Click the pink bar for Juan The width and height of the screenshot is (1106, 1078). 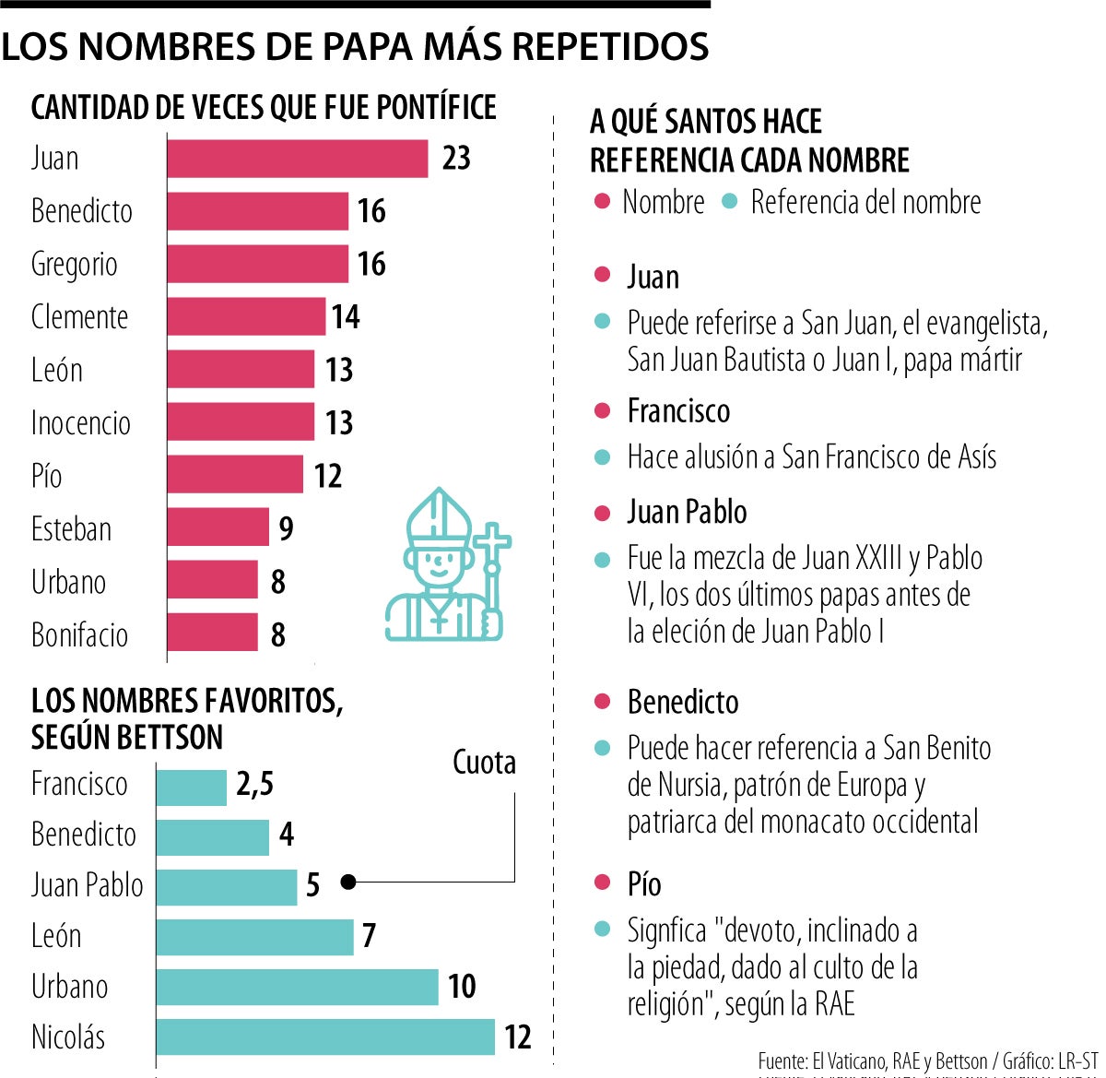pyautogui.click(x=298, y=159)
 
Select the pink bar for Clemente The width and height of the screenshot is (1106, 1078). pyautogui.click(x=246, y=317)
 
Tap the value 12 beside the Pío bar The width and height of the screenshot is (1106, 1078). pyautogui.click(x=328, y=476)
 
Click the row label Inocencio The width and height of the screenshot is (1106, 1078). pyautogui.click(x=81, y=423)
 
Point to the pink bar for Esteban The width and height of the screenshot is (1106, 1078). pyautogui.click(x=218, y=528)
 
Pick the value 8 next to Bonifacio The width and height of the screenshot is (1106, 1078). pyautogui.click(x=277, y=634)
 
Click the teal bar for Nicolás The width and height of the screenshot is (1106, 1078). pyautogui.click(x=325, y=1037)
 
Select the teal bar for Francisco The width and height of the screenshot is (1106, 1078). pyautogui.click(x=191, y=787)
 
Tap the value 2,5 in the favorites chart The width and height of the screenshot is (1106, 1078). pyautogui.click(x=254, y=784)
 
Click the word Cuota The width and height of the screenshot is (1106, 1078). pyautogui.click(x=484, y=763)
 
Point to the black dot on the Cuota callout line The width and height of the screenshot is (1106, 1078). pyautogui.click(x=347, y=883)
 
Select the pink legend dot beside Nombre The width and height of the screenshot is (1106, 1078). pyautogui.click(x=602, y=202)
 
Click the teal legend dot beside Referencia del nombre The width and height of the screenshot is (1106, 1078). pyautogui.click(x=730, y=202)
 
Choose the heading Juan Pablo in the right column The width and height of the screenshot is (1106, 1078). pyautogui.click(x=687, y=512)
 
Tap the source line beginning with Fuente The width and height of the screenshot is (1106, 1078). pyautogui.click(x=927, y=1061)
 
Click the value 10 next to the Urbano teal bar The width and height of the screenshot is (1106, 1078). pyautogui.click(x=462, y=986)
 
